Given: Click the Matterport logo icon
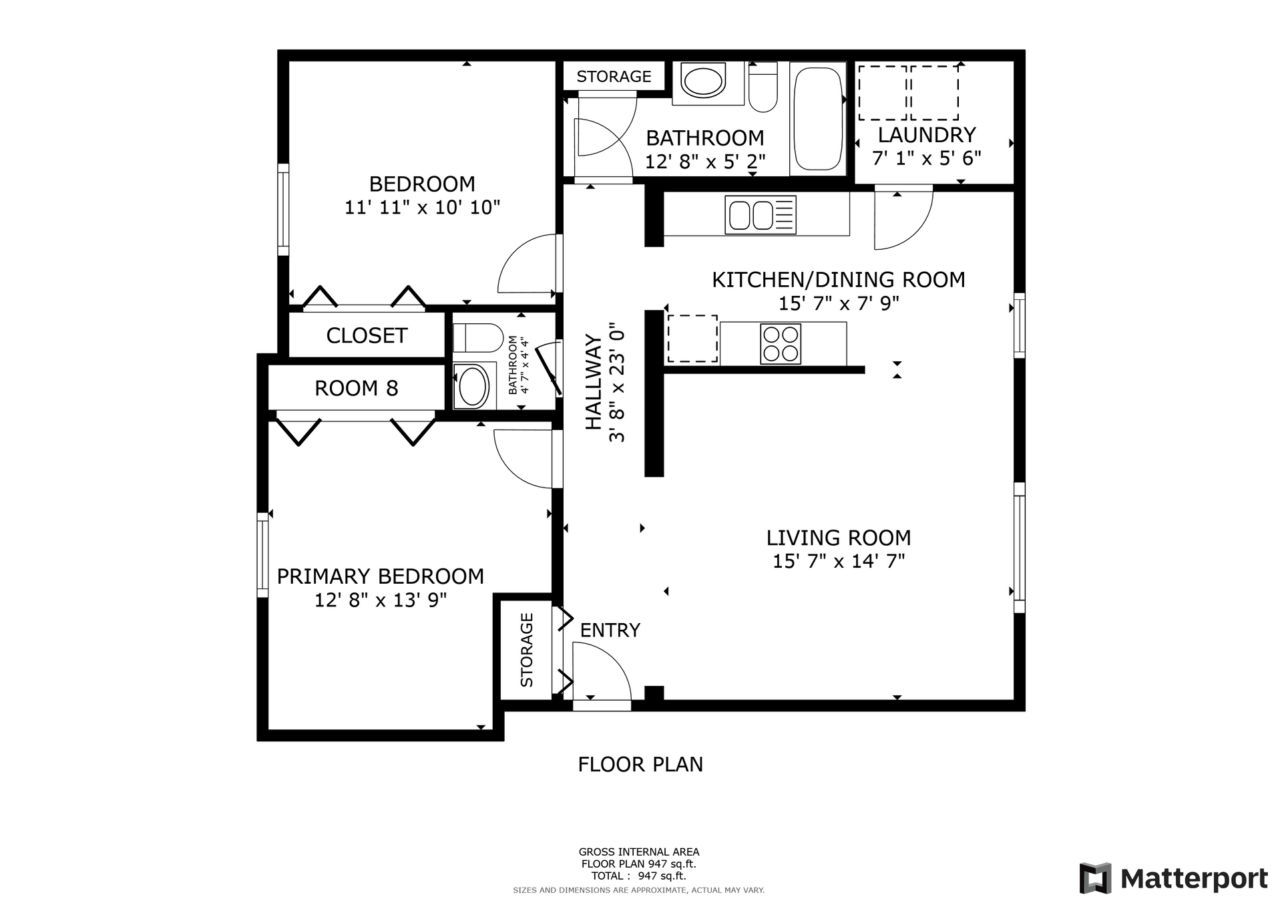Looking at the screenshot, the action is (1095, 878).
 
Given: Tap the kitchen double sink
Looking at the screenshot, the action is (761, 214).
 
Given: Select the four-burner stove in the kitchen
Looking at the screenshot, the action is (781, 343).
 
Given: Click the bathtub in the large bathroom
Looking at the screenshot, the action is (817, 118).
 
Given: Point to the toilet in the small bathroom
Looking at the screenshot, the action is (477, 338).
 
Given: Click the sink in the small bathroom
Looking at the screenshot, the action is (473, 386).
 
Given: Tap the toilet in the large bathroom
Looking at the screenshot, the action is (763, 86).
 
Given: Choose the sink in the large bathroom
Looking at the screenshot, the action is (702, 82).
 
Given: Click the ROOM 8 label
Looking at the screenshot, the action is (357, 388).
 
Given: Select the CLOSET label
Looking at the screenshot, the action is (367, 335).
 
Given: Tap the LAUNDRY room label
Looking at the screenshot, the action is (927, 135).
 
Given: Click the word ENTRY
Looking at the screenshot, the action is (610, 630).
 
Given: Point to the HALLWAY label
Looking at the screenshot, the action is (594, 383).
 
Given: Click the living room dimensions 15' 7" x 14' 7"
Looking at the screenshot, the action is (839, 561).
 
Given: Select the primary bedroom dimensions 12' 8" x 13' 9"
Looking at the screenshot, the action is (381, 600).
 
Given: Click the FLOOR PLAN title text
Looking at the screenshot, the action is (640, 764).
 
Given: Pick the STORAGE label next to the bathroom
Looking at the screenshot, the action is (614, 77).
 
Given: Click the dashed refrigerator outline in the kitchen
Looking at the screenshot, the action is (692, 339).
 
